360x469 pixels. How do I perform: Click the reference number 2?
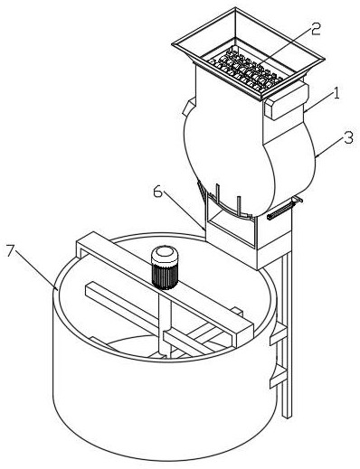coord(316,29)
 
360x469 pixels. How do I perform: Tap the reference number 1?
coord(336,93)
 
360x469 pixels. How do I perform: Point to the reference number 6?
coord(157,192)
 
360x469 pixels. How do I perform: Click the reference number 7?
coord(11,250)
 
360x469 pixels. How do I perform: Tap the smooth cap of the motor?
coord(165,255)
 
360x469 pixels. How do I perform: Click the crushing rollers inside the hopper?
coord(246,70)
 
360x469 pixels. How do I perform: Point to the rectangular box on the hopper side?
coord(287,101)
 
